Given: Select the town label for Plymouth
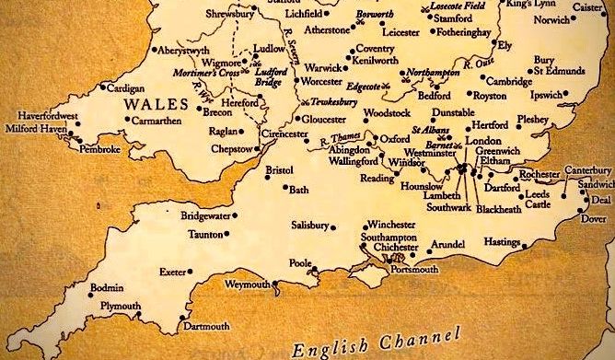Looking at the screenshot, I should click(x=122, y=306).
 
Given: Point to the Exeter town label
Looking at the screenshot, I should click(x=172, y=273).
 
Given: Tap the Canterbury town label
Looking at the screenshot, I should click(x=588, y=170).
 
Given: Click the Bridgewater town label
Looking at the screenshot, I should click(x=205, y=215).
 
